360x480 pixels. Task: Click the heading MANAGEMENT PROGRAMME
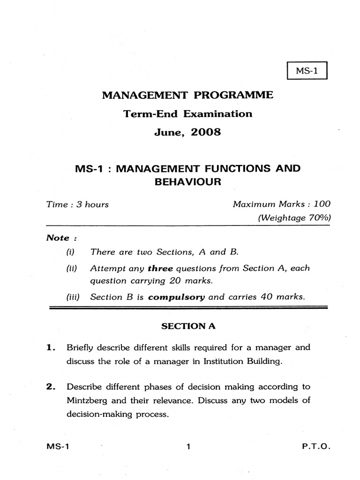coord(187,95)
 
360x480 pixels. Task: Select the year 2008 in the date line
coord(204,132)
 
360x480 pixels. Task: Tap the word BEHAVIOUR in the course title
coord(187,182)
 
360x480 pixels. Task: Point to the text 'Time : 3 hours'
coord(77,204)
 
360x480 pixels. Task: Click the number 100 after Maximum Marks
coord(322,204)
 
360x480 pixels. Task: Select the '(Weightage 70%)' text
coord(294,217)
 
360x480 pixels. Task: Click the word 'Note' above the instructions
coord(58,238)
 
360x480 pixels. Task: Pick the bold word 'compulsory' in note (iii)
coord(177,297)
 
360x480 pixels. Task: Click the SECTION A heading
coord(188,327)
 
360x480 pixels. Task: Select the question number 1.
coord(50,348)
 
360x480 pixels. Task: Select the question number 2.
coord(50,387)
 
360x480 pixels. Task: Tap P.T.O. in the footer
coord(316,447)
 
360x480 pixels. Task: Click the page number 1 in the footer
coord(188,447)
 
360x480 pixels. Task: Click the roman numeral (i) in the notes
coord(71,252)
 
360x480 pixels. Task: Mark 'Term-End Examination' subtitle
coord(187,113)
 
